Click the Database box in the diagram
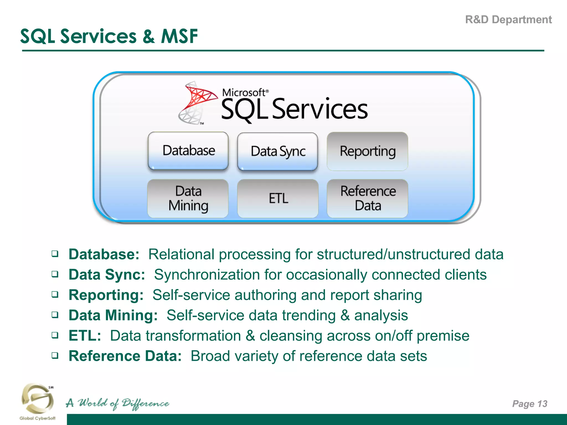click(188, 151)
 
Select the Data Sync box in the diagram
click(278, 151)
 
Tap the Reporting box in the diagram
click(367, 151)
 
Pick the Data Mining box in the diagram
click(188, 198)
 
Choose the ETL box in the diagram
click(278, 198)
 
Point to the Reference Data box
click(368, 198)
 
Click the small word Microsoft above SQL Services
click(244, 92)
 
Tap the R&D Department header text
click(508, 20)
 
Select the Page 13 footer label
click(530, 404)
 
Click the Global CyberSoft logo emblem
click(37, 398)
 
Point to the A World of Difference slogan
click(117, 403)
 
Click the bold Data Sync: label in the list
click(107, 275)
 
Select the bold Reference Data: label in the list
click(125, 356)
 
